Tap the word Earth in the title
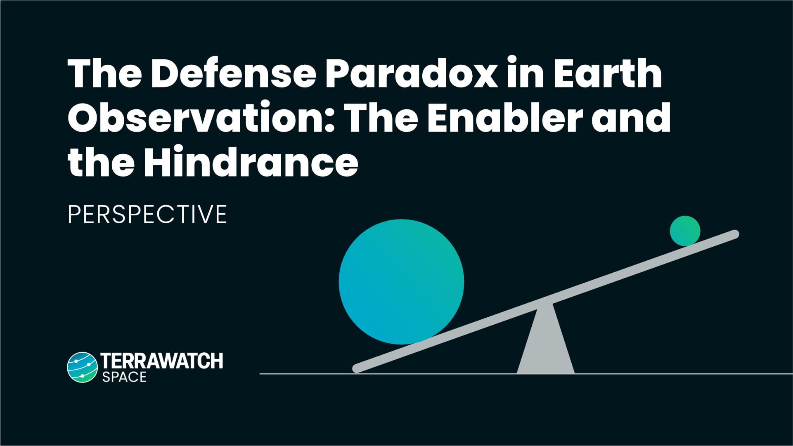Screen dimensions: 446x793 [607, 74]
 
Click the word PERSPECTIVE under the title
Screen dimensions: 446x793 [147, 214]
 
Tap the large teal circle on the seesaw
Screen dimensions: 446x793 [401, 282]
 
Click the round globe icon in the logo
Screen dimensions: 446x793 [82, 367]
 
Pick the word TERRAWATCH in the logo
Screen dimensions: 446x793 [162, 361]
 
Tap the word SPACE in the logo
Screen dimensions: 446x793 [124, 377]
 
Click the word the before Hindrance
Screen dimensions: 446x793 [101, 162]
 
